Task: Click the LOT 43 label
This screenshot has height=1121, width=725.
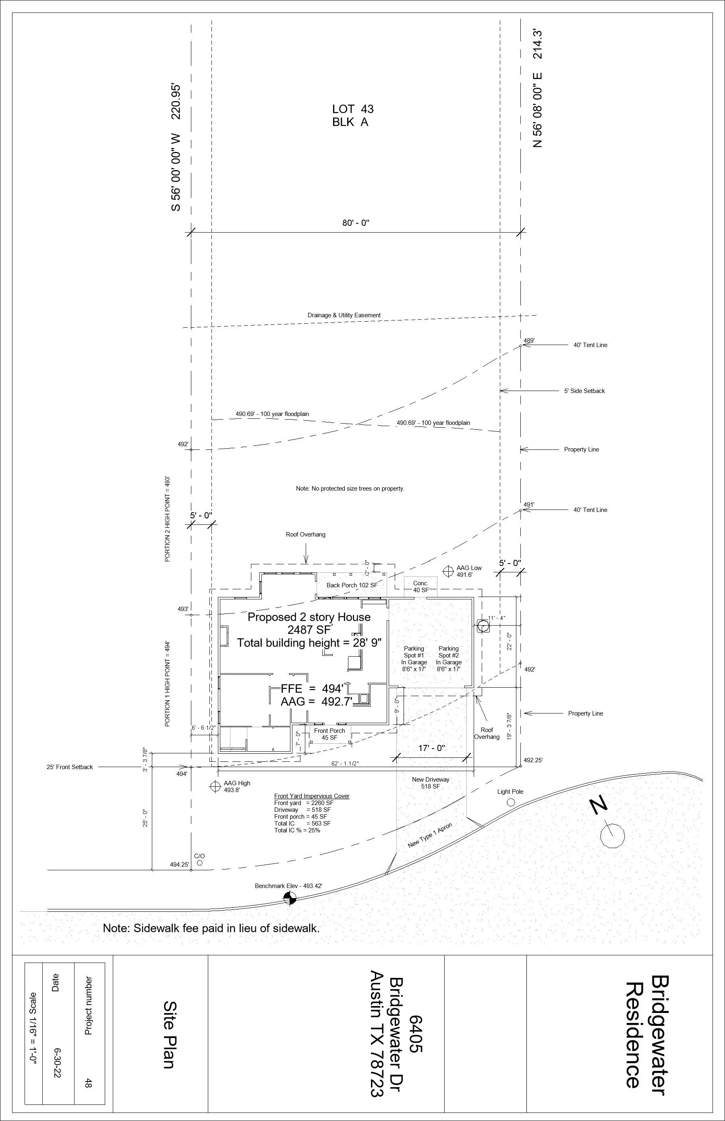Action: pyautogui.click(x=352, y=109)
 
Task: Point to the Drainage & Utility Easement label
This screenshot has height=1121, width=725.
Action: pyautogui.click(x=344, y=315)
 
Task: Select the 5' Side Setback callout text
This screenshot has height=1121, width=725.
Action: pyautogui.click(x=584, y=391)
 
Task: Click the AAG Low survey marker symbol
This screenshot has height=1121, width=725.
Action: pyautogui.click(x=448, y=571)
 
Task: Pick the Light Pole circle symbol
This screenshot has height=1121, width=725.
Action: pyautogui.click(x=510, y=802)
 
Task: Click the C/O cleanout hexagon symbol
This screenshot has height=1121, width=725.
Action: pyautogui.click(x=200, y=863)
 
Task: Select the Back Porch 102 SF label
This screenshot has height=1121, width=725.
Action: pyautogui.click(x=352, y=585)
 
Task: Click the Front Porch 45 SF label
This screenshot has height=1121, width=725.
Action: pyautogui.click(x=329, y=734)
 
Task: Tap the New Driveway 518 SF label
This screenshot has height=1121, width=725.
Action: pyautogui.click(x=430, y=783)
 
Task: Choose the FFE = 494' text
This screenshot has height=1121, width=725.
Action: pyautogui.click(x=312, y=688)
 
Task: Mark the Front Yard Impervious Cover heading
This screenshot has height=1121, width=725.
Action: pyautogui.click(x=312, y=796)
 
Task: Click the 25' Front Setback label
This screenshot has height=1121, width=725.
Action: pyautogui.click(x=70, y=767)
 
